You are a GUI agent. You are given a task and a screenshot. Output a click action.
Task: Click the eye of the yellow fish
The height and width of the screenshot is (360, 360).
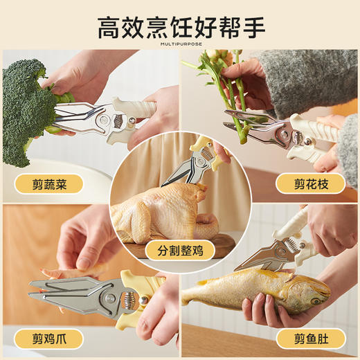(317, 300)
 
